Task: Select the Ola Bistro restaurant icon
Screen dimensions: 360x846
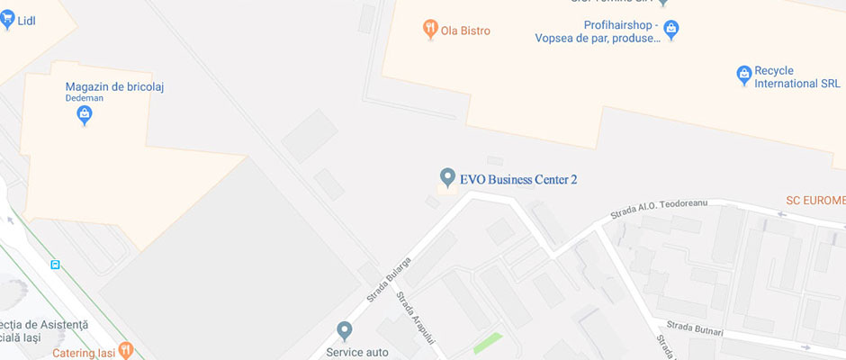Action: tap(429, 31)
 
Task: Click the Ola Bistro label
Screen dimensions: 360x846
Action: tap(465, 31)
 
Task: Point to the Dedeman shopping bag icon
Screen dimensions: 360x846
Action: tap(84, 114)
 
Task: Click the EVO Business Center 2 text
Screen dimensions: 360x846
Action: tap(518, 179)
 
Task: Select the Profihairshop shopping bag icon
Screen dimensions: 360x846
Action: tap(670, 31)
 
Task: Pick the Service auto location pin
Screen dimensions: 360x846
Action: tap(343, 331)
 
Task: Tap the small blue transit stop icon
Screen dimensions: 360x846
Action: tap(56, 265)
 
